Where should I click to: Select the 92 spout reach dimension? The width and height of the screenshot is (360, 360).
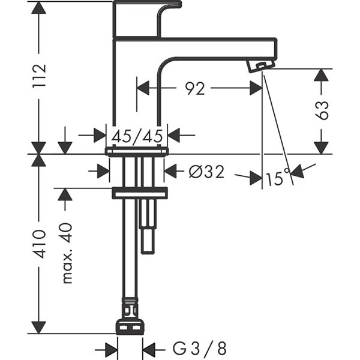[x=194, y=88]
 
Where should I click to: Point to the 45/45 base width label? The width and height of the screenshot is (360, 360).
[x=137, y=136]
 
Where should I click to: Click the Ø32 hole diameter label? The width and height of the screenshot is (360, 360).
[x=206, y=172]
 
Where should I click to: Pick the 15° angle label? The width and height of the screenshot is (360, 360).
[x=278, y=179]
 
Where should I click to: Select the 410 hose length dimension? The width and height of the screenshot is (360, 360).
[x=39, y=244]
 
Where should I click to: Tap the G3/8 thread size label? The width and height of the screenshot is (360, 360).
[x=200, y=348]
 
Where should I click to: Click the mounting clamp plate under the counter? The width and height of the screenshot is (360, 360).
[x=139, y=193]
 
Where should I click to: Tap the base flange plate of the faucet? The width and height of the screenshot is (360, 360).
[x=137, y=151]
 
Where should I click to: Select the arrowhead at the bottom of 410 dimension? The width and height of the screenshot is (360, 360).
[x=38, y=327]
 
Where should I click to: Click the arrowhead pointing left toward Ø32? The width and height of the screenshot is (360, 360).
[x=171, y=172]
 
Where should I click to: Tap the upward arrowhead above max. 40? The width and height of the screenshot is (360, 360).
[x=65, y=194]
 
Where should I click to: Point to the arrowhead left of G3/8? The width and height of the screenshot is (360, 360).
[x=110, y=348]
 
